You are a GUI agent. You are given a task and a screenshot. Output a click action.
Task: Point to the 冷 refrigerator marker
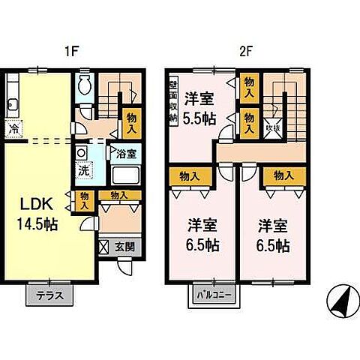coord(14,130)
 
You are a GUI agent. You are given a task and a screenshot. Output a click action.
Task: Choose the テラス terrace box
coord(50,295)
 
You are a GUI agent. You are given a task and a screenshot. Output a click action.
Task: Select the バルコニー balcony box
coord(214,295)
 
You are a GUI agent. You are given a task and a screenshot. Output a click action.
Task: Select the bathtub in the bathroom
coord(123,178)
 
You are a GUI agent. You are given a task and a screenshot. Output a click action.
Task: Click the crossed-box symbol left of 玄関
coord(103,246)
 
